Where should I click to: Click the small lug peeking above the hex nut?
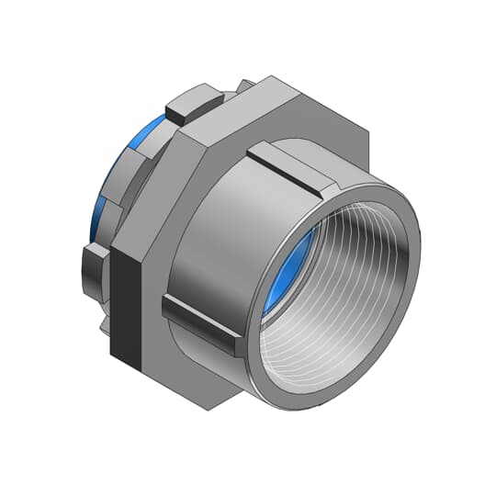click(x=246, y=85)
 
